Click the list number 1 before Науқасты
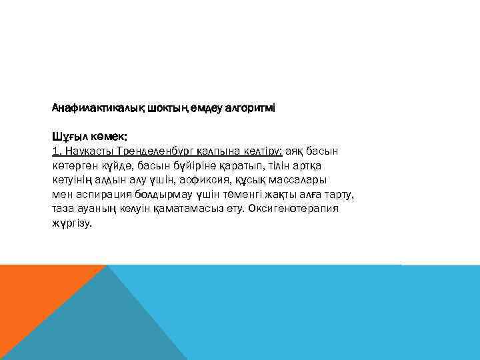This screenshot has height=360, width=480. [x=55, y=150]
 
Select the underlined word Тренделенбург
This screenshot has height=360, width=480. [x=149, y=150]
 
